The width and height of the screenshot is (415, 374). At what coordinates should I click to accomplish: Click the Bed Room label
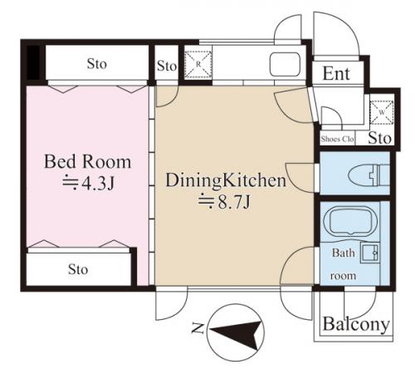pos(87,162)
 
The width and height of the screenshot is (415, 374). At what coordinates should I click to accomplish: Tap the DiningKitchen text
pos(226,180)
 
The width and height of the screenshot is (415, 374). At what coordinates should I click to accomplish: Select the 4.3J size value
pos(98,183)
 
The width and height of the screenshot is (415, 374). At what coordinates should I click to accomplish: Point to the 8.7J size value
pos(234,202)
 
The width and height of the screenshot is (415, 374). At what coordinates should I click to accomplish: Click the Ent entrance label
pos(336,74)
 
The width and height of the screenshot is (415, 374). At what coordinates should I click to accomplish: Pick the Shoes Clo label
pos(338,139)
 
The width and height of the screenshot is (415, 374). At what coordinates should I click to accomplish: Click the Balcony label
pos(356,324)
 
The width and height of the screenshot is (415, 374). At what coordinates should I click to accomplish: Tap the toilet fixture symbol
pos(369,175)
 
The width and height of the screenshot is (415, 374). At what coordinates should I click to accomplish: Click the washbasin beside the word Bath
pos(369,253)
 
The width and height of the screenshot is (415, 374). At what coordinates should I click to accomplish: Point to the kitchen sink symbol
pos(285,64)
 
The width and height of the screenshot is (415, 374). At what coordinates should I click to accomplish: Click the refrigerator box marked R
pos(198,65)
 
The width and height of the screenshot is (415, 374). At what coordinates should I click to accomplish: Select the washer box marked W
pos(382,112)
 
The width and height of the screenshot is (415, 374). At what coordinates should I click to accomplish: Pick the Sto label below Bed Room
pos(78,269)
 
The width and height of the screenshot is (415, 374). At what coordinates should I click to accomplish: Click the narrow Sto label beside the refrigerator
pos(167,66)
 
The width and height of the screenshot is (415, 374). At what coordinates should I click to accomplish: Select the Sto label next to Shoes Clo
pos(380,138)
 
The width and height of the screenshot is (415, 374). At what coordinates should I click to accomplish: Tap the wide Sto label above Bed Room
pos(97,64)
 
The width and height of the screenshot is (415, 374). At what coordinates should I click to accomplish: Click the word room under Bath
pos(343,276)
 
